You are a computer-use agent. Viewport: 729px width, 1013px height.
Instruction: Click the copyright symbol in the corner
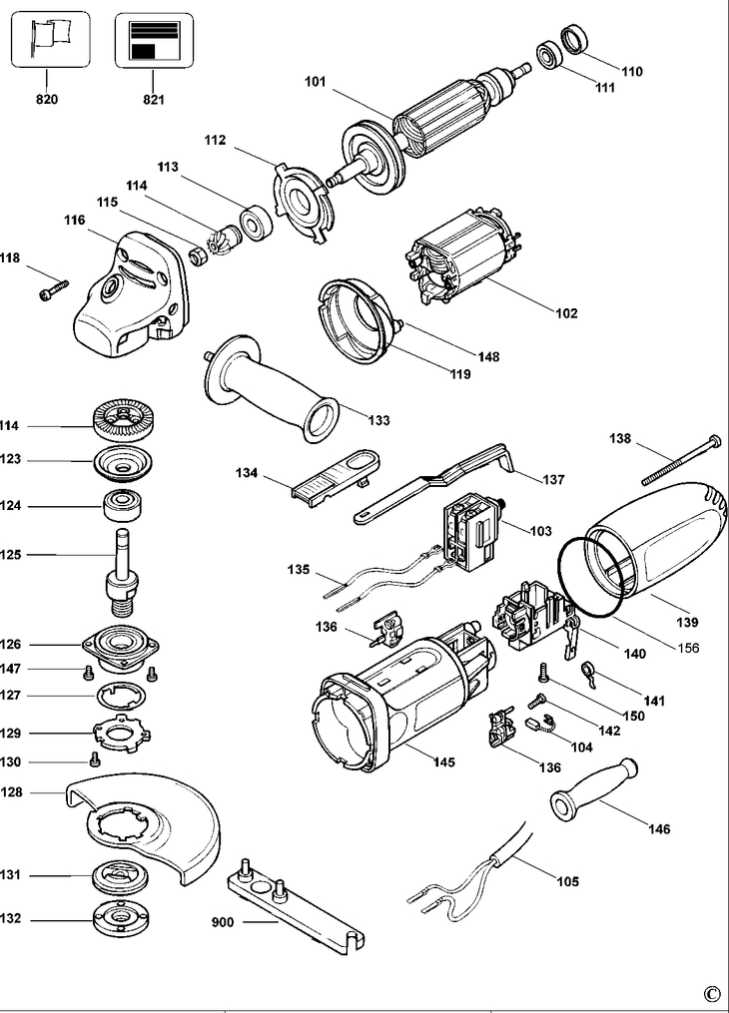point(710,994)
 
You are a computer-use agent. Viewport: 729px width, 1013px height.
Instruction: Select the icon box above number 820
point(49,39)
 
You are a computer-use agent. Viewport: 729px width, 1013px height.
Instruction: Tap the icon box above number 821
point(153,40)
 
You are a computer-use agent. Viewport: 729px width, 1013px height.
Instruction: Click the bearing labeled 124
point(125,503)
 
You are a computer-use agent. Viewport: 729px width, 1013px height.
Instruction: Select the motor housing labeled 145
point(399,699)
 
